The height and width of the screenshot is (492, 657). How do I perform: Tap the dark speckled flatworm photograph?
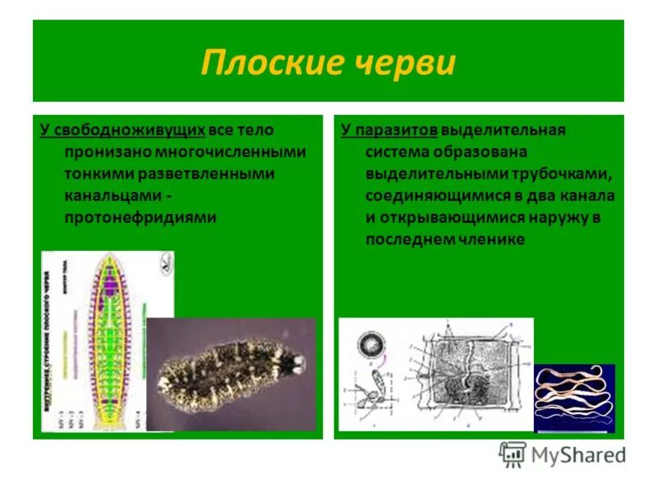point(231,373)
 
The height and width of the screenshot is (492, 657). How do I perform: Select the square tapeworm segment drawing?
point(464,373)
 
